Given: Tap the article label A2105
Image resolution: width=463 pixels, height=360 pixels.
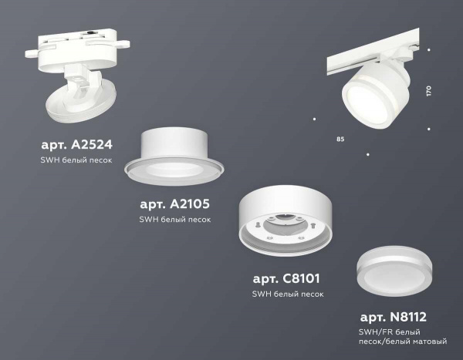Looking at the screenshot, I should [174, 204].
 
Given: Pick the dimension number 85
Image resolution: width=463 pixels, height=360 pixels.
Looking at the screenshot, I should [340, 140].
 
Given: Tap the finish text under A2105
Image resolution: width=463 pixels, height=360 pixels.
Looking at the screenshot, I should [174, 219].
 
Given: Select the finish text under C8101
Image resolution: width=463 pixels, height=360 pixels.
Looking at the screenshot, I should [287, 294].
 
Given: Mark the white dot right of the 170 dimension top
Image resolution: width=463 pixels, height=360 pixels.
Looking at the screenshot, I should [429, 50].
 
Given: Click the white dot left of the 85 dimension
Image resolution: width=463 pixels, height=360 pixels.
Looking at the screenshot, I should [314, 119].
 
